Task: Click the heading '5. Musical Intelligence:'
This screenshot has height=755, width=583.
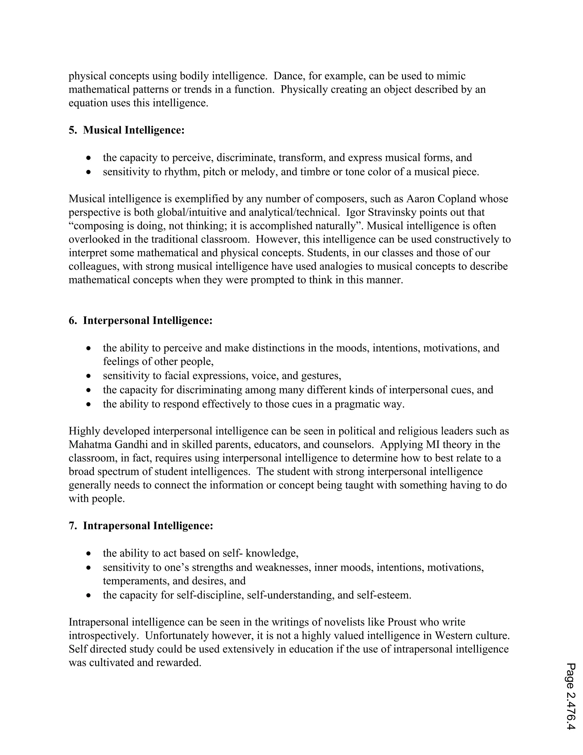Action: [x=126, y=130]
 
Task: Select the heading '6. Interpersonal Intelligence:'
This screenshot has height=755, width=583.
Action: [x=141, y=321]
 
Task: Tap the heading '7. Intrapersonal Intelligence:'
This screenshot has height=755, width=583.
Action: [x=141, y=526]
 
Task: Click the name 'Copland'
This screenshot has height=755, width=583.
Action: [x=456, y=199]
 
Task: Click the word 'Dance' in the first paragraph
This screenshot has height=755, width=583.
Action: [x=289, y=76]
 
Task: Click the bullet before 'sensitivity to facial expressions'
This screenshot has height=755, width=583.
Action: [x=89, y=376]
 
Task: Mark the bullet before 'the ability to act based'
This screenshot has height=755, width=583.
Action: [x=89, y=554]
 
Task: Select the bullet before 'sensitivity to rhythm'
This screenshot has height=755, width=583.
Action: [x=89, y=172]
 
